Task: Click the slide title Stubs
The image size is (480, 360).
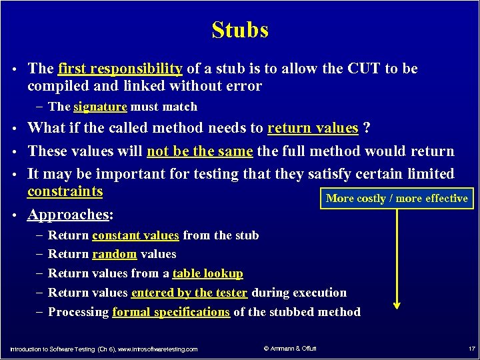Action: pyautogui.click(x=240, y=30)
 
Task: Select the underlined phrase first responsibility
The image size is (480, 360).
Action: pyautogui.click(x=120, y=69)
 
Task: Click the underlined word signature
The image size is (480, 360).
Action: pyautogui.click(x=100, y=107)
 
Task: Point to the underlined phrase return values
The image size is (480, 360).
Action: pyautogui.click(x=313, y=128)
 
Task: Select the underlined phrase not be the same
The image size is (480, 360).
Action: pyautogui.click(x=199, y=151)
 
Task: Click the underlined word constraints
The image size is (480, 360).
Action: pyautogui.click(x=65, y=192)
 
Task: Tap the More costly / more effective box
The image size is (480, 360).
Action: pyautogui.click(x=397, y=199)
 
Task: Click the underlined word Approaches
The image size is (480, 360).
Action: pyautogui.click(x=68, y=215)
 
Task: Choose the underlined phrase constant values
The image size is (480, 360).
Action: pyautogui.click(x=135, y=235)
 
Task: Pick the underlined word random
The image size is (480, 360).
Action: pyautogui.click(x=114, y=254)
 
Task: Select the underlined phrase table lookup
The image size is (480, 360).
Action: pyautogui.click(x=207, y=273)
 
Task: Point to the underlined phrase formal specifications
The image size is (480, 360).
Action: pyautogui.click(x=171, y=312)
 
